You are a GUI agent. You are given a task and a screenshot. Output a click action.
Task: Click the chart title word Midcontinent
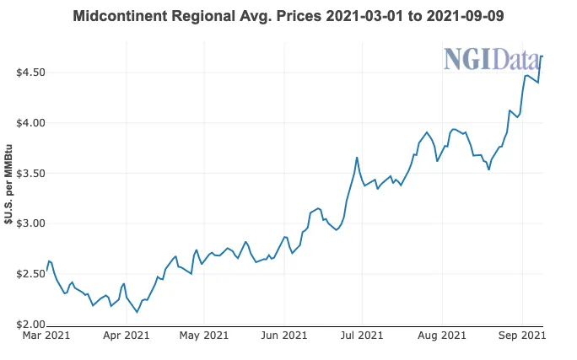tap(118, 17)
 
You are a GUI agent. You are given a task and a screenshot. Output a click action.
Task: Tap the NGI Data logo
tap(493, 59)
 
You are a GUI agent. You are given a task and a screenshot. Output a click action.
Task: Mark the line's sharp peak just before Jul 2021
tap(357, 158)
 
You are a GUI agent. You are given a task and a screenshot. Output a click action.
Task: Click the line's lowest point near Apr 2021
tap(137, 312)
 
